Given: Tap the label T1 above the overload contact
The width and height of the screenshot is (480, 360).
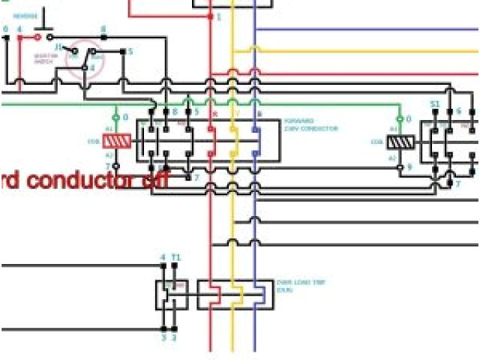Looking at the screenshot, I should click(x=175, y=257).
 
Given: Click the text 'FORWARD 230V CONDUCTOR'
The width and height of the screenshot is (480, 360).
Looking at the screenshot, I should click(x=310, y=124).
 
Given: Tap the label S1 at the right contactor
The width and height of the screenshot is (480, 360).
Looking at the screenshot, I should click(x=435, y=103).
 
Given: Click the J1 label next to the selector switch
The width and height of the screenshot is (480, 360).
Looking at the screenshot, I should click(x=58, y=46).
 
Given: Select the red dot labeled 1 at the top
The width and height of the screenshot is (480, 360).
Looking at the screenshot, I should click(x=211, y=16).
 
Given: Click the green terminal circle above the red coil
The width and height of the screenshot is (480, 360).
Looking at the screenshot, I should click(x=115, y=118).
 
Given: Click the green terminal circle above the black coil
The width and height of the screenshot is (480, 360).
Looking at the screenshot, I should click(x=400, y=118).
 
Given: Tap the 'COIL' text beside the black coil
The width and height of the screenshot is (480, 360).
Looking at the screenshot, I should click(x=377, y=141).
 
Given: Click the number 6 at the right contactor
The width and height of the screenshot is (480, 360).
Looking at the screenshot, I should click(x=458, y=111).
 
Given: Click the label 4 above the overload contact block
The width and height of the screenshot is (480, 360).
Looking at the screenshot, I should click(x=162, y=257).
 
